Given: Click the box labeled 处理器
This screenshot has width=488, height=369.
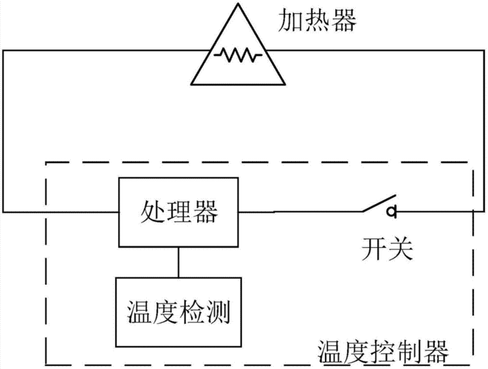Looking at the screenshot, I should tap(179, 213).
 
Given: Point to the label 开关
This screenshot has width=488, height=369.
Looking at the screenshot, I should tap(385, 248).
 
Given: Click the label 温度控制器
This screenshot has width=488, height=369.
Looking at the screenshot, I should tap(382, 348).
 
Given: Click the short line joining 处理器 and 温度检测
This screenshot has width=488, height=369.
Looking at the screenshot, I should tap(178, 263).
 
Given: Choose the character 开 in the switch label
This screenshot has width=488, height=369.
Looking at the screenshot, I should tap(372, 248).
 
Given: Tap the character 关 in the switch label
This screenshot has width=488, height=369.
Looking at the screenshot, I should tap(398, 248).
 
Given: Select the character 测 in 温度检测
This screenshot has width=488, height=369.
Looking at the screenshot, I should tap(218, 313).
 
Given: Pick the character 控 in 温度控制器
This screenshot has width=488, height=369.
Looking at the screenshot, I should tap(382, 348).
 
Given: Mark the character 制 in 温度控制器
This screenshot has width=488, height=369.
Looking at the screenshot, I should tap(408, 348).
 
